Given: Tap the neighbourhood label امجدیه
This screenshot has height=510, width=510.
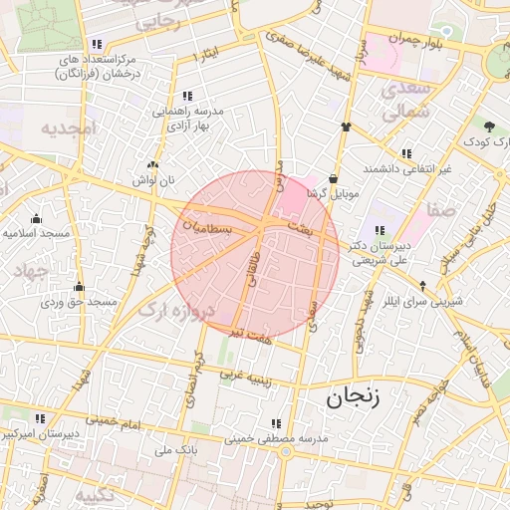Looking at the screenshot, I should (67, 128).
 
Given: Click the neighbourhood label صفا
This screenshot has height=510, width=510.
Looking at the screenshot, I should (439, 210).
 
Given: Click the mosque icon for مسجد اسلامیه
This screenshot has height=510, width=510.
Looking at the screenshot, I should (37, 218).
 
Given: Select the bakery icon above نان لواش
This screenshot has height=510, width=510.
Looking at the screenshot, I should (152, 166).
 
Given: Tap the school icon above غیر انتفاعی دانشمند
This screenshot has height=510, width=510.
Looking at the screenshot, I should (406, 153).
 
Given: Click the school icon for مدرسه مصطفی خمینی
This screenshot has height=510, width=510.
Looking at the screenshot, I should (276, 423).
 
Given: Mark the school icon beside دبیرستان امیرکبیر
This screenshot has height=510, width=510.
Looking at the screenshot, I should (40, 419).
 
